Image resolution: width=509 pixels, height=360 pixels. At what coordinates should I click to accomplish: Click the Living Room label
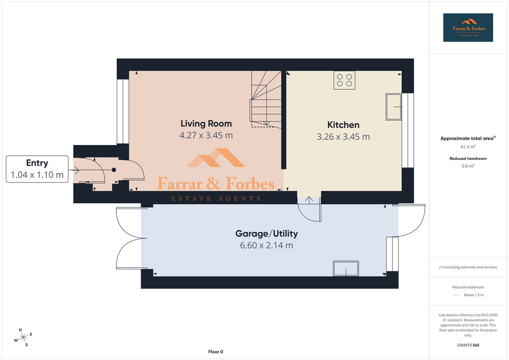click(x=206, y=124)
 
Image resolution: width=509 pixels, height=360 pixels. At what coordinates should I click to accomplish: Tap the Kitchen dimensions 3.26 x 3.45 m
click(x=343, y=137)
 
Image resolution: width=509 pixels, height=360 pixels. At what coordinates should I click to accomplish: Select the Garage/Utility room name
click(x=266, y=233)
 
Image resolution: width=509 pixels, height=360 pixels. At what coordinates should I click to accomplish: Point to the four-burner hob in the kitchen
click(x=344, y=80)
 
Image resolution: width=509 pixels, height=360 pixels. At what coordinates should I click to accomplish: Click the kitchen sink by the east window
click(x=394, y=107)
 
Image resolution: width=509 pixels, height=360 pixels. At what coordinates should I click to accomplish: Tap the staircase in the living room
click(x=266, y=100)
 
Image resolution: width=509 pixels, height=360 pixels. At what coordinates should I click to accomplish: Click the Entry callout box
click(x=37, y=169)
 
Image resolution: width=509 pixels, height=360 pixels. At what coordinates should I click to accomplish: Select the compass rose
click(x=23, y=337)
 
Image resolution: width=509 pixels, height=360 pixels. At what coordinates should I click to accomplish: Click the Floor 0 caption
click(x=216, y=352)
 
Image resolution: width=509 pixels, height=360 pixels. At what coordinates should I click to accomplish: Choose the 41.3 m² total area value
click(x=468, y=147)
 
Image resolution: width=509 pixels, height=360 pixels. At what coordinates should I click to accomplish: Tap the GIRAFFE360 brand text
click(x=468, y=345)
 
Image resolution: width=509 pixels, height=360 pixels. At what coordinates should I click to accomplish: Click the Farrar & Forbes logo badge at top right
click(x=468, y=28)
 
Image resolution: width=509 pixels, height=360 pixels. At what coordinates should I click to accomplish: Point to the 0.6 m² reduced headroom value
click(x=468, y=166)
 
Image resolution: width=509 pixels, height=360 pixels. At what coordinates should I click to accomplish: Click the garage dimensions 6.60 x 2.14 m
click(x=266, y=245)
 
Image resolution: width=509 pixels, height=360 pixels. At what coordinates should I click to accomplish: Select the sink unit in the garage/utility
click(x=346, y=268)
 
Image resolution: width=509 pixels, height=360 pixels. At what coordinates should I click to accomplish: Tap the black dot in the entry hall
click(x=114, y=170)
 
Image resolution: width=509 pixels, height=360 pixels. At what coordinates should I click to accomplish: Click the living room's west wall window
click(x=123, y=111)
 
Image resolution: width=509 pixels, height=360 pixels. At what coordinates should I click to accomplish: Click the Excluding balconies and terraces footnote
click(x=468, y=267)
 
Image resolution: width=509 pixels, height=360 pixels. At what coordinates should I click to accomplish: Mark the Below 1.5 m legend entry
click(x=473, y=295)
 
